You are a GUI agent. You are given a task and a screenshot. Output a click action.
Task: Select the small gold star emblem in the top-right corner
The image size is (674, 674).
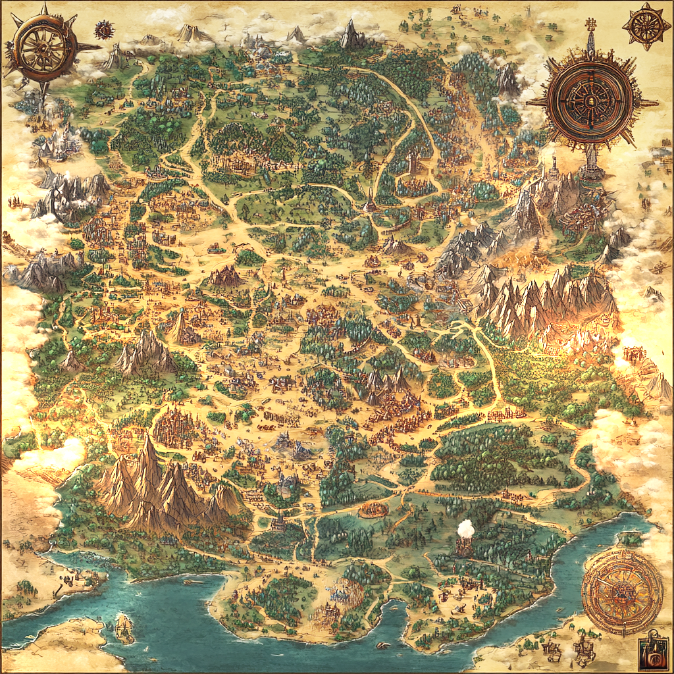(x=646, y=26)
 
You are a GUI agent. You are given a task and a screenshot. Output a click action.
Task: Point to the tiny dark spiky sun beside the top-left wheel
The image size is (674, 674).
(x=104, y=30)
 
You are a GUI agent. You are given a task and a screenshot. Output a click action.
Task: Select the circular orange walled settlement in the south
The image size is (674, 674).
(x=374, y=509)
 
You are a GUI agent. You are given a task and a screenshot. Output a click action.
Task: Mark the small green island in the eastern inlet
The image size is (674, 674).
(x=631, y=538)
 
